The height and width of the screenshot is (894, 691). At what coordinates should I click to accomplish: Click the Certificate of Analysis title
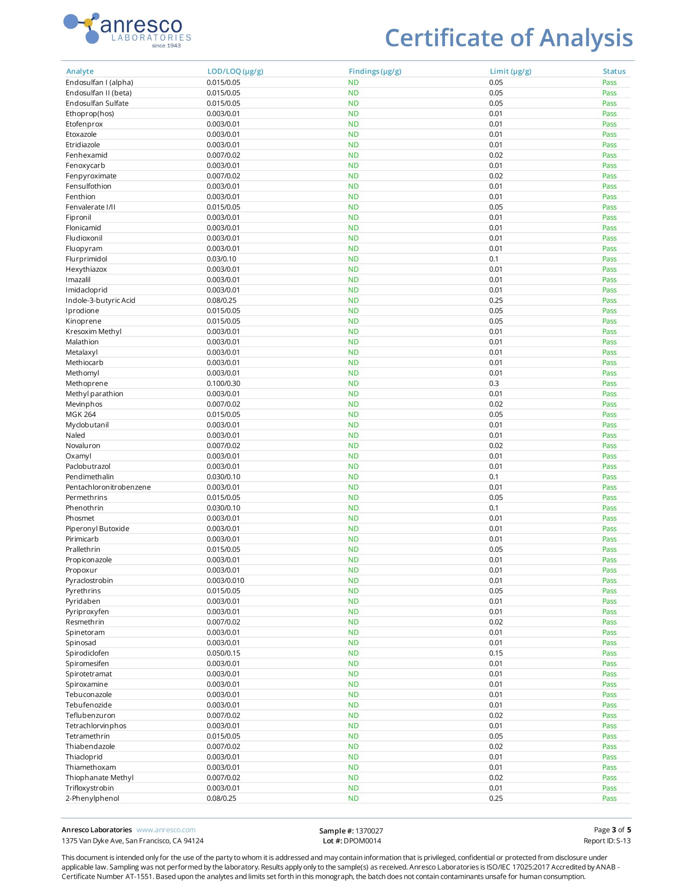tap(509, 38)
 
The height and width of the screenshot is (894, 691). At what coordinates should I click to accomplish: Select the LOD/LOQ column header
tap(235, 72)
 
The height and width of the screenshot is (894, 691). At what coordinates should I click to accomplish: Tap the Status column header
tap(614, 72)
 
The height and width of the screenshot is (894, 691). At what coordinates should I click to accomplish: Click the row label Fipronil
tap(78, 217)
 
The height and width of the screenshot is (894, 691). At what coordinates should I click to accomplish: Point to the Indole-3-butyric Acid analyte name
tap(100, 300)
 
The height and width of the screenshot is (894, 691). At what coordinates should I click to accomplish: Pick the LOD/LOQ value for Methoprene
tap(223, 383)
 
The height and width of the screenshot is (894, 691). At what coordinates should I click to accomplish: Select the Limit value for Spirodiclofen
tap(496, 653)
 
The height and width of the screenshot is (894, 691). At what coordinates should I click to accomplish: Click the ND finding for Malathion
tap(353, 342)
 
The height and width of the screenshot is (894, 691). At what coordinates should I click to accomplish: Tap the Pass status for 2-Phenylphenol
tap(609, 799)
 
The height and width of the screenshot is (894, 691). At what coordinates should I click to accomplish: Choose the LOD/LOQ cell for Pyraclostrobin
tap(225, 580)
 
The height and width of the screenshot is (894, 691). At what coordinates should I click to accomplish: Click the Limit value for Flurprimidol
tap(494, 259)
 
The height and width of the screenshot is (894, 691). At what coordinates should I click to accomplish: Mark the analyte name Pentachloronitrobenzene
tap(108, 487)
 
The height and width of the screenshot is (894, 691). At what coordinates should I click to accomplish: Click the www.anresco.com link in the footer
tap(166, 830)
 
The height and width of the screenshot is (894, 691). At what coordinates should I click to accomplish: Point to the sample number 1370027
tap(369, 831)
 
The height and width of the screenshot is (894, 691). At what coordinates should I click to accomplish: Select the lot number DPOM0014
tap(362, 841)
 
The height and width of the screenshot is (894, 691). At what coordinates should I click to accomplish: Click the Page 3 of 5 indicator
tap(612, 830)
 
